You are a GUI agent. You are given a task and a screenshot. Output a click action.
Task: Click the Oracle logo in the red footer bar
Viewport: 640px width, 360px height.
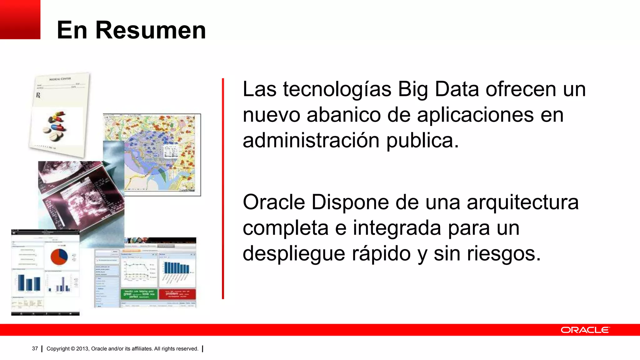click(585, 330)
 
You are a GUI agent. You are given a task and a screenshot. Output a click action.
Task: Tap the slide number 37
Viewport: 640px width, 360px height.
click(35, 348)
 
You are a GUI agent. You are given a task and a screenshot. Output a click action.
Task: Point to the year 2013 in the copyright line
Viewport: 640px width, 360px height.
click(82, 349)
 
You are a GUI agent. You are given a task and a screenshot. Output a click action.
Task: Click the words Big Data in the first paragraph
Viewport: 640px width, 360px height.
click(438, 89)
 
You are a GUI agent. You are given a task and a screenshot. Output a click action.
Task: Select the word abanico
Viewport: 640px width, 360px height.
click(344, 115)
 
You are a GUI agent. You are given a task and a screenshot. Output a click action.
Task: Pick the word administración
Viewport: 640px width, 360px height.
click(311, 141)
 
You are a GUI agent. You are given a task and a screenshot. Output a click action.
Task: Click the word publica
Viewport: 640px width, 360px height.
click(422, 141)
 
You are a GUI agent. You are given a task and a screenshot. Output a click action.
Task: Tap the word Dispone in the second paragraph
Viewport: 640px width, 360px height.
click(350, 202)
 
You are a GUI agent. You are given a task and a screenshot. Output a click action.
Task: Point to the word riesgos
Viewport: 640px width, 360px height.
click(503, 254)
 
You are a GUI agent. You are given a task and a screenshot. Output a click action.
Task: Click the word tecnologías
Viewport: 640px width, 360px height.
click(337, 89)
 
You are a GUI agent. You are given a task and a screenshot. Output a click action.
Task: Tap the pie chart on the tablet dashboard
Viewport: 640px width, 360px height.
click(59, 256)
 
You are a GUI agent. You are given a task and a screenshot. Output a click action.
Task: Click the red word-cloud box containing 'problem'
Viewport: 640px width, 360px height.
click(177, 294)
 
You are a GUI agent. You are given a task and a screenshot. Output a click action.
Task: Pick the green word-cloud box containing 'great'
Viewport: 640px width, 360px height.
click(139, 294)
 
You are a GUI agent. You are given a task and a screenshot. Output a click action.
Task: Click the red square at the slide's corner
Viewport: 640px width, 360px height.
click(20, 19)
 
